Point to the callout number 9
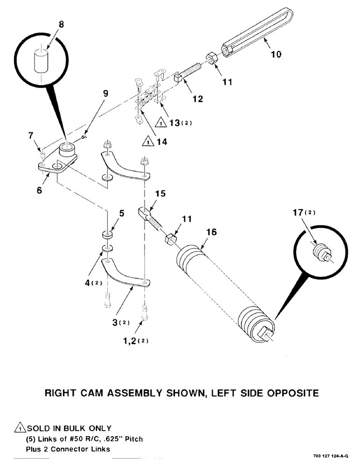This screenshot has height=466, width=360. pyautogui.click(x=106, y=94)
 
